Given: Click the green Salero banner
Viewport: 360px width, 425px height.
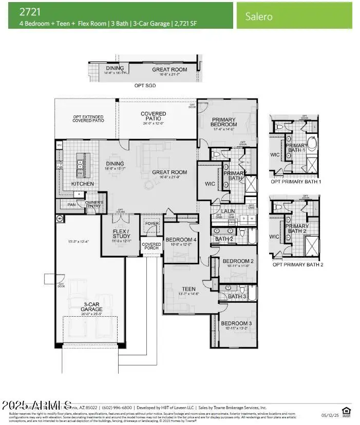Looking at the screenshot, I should coord(294,15).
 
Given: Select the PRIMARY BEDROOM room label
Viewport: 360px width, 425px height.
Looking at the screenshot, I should coord(224,122).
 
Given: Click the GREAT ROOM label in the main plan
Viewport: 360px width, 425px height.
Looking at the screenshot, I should coord(169,172).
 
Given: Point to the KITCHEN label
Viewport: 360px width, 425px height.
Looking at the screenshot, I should coord(82,184).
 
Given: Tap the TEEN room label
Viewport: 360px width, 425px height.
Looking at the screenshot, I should coord(188,289).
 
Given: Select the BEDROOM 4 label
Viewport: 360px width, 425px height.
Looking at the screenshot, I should coord(180,239).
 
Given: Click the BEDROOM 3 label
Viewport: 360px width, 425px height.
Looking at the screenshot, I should coord(236,323).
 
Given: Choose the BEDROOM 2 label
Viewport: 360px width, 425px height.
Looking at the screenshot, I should coord(238,261).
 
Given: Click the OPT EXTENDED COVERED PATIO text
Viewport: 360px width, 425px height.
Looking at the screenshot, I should coord(88,119).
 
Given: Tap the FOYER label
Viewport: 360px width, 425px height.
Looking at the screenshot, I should coord(152,223).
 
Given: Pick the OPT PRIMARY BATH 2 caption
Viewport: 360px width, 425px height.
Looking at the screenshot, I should coord(298,264).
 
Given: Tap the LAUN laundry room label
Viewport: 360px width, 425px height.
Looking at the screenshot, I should coord(228,211).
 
